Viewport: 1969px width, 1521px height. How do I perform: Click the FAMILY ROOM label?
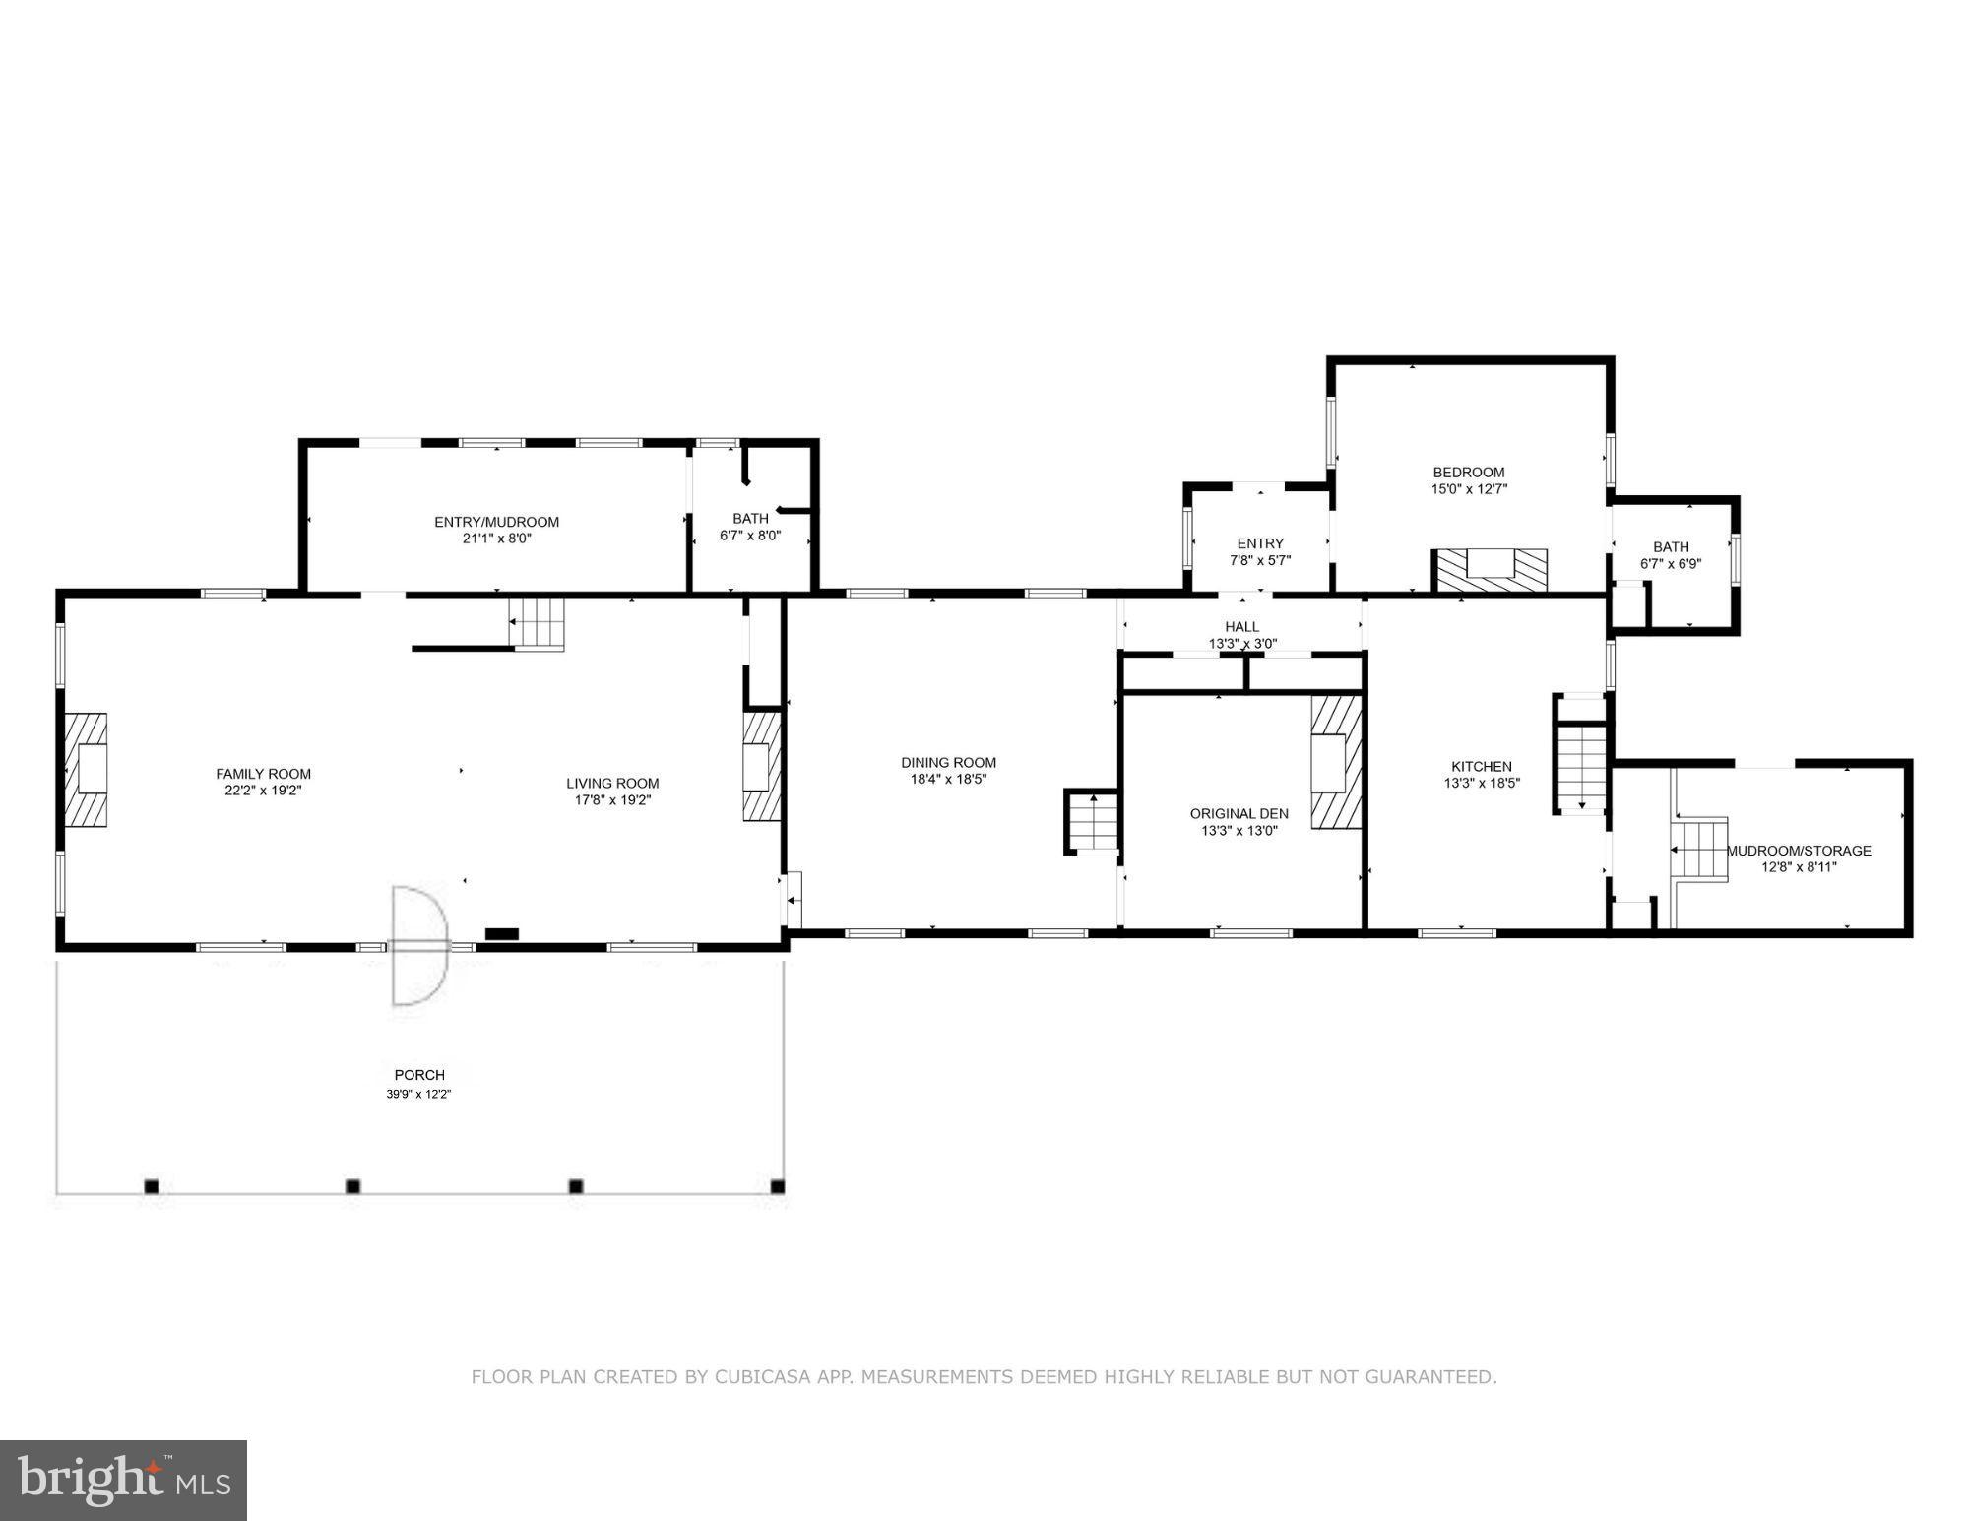pos(263,774)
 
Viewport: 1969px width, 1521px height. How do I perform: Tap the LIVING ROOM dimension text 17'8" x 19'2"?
pos(612,800)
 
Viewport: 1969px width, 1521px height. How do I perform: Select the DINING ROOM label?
pos(948,762)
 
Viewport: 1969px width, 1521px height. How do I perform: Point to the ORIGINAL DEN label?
pos(1239,813)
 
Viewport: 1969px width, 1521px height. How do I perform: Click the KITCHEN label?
pos(1481,766)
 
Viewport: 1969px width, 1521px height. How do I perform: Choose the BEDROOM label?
pos(1468,472)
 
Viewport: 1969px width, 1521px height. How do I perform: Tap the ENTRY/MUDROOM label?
pos(496,522)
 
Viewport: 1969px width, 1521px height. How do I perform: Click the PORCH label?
pos(419,1075)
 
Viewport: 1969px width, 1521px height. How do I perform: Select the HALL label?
pos(1241,626)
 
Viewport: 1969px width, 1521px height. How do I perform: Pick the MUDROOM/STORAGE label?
pos(1799,851)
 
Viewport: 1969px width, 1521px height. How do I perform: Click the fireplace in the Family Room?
pos(87,769)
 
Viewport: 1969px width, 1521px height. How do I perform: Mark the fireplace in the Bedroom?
pos(1489,570)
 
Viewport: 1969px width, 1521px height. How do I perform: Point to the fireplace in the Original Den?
pos(1335,763)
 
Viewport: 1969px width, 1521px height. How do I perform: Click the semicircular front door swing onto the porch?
pos(419,945)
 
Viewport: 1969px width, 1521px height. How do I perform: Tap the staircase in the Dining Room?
pos(1093,822)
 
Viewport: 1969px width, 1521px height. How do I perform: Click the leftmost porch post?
pos(152,1186)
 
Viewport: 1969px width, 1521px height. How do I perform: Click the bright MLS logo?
pos(123,1480)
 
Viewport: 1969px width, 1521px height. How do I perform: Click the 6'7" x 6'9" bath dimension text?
pos(1671,564)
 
